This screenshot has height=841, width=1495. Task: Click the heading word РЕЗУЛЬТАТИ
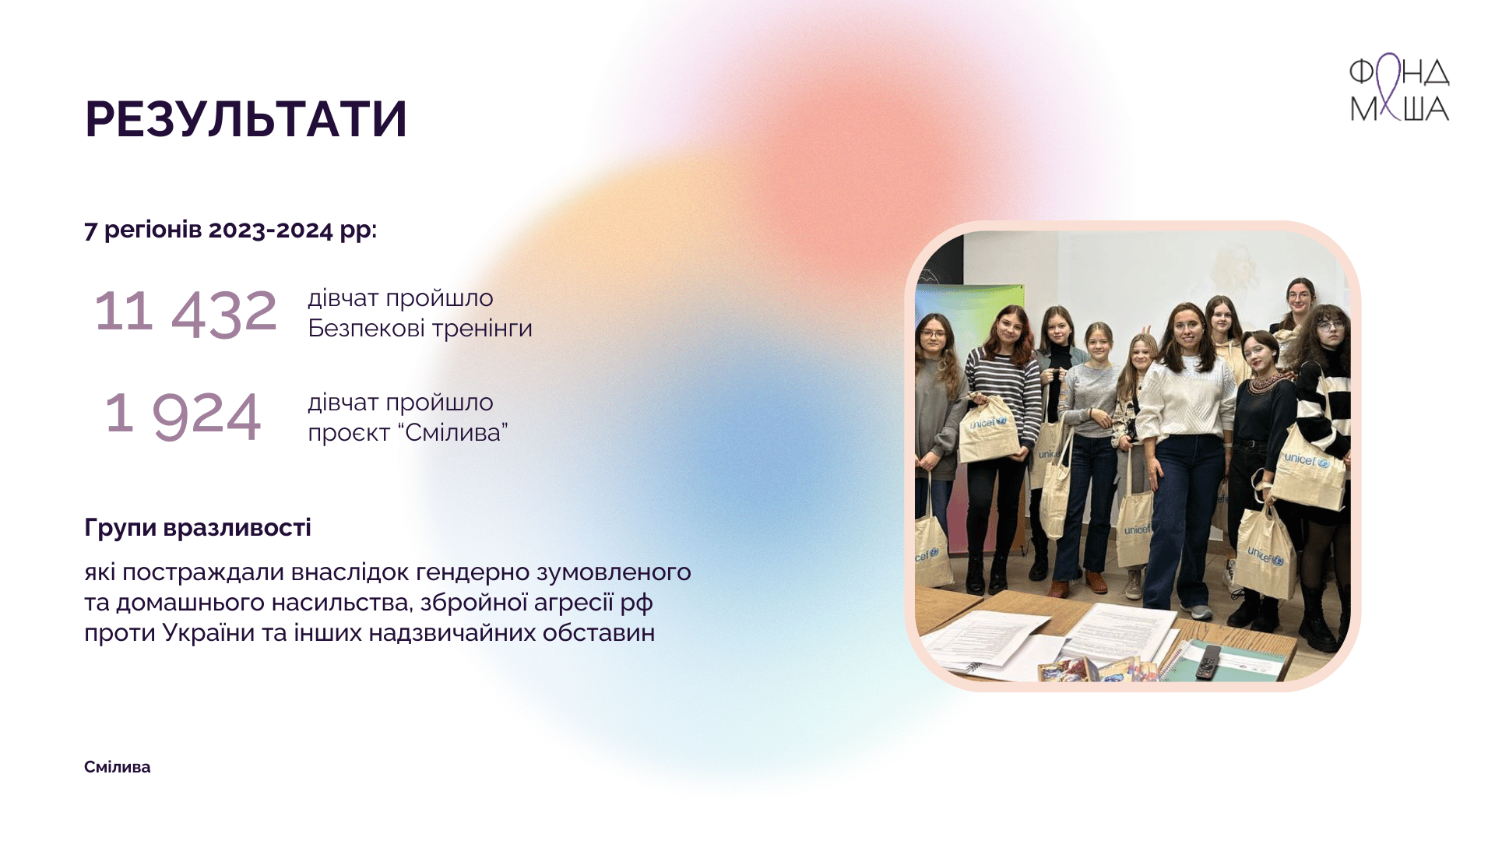click(246, 120)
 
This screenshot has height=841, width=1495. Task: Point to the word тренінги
click(482, 329)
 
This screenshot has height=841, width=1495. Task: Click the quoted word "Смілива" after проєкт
click(456, 431)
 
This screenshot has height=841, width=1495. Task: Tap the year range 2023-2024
click(270, 230)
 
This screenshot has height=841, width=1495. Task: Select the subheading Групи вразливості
click(198, 528)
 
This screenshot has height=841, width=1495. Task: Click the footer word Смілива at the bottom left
click(118, 767)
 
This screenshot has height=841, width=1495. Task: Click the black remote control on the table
click(1208, 660)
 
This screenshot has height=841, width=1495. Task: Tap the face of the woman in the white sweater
click(1187, 332)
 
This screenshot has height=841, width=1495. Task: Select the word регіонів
click(153, 230)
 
